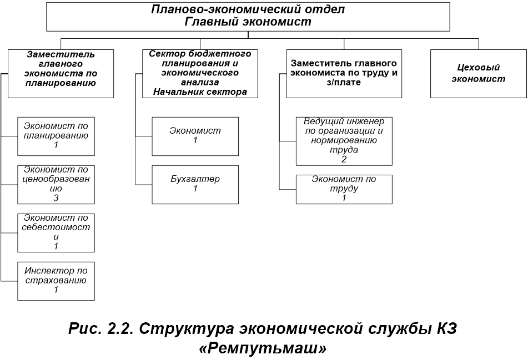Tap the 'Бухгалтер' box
195,184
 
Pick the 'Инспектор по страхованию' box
56,280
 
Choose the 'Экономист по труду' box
344,189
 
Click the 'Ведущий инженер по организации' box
344,140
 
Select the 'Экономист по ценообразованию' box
56,184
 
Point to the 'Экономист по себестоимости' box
56,232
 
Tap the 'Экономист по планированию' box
56,135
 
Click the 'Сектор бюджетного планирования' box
200,73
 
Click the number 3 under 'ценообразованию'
56,198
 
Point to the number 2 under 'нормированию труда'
344,159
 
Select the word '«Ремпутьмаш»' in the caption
263,348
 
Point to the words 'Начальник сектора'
200,92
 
